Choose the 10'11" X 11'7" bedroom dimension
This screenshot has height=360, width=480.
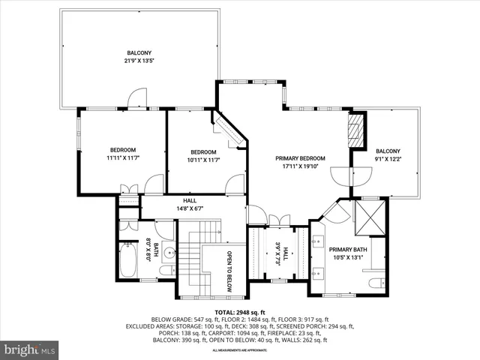(202, 158)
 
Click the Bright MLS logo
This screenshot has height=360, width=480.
(30, 349)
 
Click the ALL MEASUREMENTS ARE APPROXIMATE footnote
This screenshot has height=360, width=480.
(239, 350)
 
